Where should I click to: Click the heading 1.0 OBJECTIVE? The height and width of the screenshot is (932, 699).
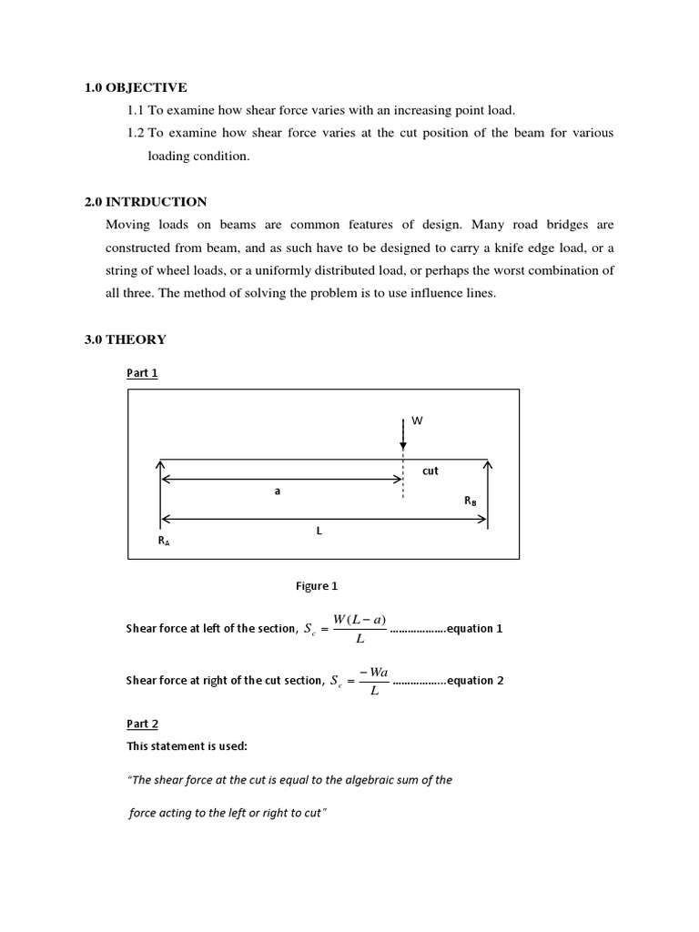point(136,87)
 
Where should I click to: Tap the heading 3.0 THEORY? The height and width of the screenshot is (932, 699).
point(126,339)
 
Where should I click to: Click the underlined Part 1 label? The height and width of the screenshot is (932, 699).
point(142,373)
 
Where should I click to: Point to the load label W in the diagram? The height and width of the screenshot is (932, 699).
point(418,421)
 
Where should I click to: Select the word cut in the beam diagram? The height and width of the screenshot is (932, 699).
point(431,471)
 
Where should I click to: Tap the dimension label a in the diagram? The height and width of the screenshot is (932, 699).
point(278,490)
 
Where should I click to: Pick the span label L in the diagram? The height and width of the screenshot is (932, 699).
point(319,531)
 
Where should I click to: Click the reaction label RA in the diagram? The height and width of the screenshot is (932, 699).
point(164,541)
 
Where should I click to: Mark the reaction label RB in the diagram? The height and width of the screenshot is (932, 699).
point(470,501)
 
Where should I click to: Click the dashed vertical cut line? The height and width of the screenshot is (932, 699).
point(403,478)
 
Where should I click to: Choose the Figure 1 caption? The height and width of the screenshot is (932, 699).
point(317,586)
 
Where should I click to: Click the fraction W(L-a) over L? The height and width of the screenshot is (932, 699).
point(359,629)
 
